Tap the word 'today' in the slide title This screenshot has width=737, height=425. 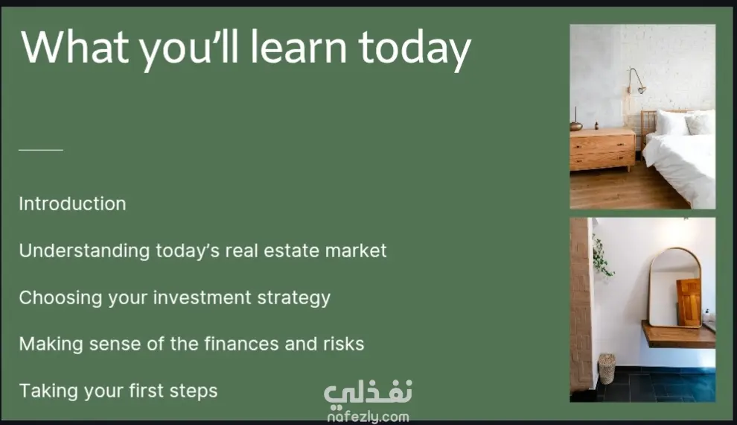click(x=415, y=49)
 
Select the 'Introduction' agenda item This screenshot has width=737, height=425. click(x=72, y=204)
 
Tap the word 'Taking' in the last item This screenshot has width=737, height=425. click(x=49, y=391)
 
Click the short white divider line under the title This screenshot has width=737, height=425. click(x=41, y=150)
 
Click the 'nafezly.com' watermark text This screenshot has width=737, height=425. click(x=368, y=417)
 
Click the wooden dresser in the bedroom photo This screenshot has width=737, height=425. click(x=602, y=149)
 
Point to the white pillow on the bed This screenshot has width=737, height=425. click(x=673, y=122)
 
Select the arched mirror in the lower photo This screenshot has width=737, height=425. click(x=675, y=287)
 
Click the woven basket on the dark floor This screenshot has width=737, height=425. click(x=606, y=368)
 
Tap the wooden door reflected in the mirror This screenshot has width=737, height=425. click(x=689, y=302)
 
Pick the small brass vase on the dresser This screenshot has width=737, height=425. click(x=575, y=125)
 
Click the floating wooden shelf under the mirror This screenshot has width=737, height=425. click(x=678, y=335)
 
